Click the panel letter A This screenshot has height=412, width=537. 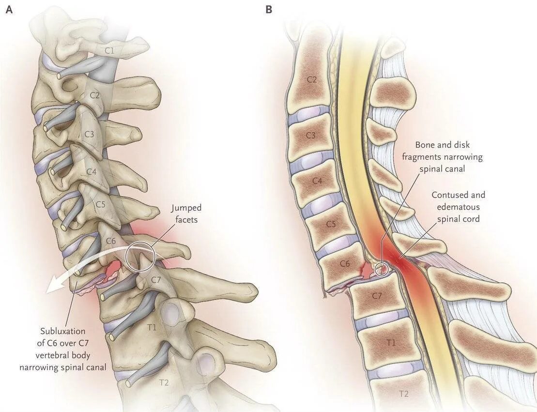[x=9, y=9]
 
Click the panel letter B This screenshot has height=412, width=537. [x=269, y=9]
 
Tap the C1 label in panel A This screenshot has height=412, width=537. [x=110, y=49]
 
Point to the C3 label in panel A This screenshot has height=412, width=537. [x=89, y=134]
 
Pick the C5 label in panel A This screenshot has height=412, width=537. [x=100, y=204]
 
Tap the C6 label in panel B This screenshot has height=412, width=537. [x=345, y=263]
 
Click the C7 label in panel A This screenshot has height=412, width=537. [x=156, y=279]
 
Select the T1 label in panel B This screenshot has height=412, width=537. [x=391, y=343]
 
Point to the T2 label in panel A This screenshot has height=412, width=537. [x=164, y=382]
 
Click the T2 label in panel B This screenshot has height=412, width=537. [x=403, y=394]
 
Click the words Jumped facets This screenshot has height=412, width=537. [x=186, y=213]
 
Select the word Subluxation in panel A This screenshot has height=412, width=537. [x=63, y=331]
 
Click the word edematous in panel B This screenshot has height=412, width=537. [x=459, y=207]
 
